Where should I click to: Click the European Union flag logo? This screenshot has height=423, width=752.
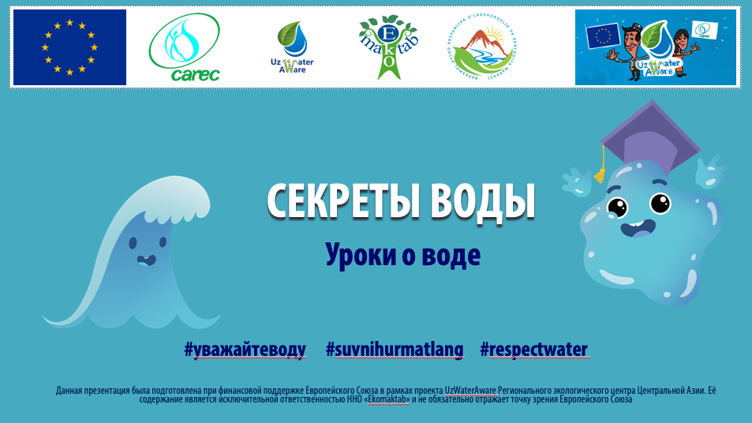[69, 47]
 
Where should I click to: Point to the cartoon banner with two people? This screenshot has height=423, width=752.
[655, 47]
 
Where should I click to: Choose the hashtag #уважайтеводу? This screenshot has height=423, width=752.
[245, 350]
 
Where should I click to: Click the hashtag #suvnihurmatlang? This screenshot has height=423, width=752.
[395, 350]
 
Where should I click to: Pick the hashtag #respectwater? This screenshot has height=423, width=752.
[534, 350]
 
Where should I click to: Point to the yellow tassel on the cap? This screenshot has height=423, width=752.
[601, 170]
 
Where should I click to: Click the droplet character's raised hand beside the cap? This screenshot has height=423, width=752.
[709, 169]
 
